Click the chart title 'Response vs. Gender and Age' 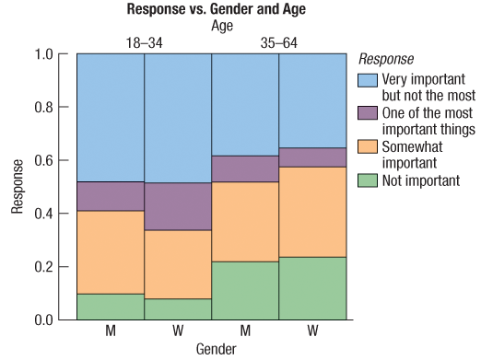coord(211,10)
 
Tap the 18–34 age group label coord(144,41)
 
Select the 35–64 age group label coord(278,41)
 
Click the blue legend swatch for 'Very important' coord(367,79)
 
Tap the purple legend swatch coord(367,113)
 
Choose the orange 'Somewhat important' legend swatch coord(367,147)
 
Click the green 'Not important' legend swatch coord(367,180)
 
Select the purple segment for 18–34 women coord(178,206)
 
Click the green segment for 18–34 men coord(111,307)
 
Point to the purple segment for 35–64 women coord(312,157)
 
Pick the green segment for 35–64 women coord(312,288)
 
